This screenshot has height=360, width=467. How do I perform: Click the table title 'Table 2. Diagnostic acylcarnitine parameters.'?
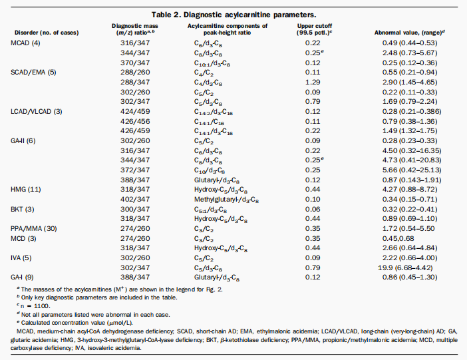(x=234, y=15)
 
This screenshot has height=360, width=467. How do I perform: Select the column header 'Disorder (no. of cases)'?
(x=47, y=33)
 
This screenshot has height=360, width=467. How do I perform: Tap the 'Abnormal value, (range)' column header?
(x=410, y=33)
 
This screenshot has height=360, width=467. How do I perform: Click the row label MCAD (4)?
(x=25, y=43)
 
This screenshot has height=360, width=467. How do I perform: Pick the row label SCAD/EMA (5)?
(x=33, y=72)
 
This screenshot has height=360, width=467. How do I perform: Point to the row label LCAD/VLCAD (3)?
(x=37, y=111)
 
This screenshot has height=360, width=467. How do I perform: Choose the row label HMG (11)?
(x=26, y=189)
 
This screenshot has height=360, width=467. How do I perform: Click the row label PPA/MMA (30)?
(x=34, y=228)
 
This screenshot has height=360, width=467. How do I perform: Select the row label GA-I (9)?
(x=22, y=277)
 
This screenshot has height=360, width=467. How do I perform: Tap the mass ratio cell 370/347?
(x=135, y=63)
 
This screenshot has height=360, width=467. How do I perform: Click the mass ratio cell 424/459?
(x=135, y=111)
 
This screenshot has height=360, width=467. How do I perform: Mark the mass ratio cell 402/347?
(x=135, y=199)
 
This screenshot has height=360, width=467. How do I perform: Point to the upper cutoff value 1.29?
(x=313, y=82)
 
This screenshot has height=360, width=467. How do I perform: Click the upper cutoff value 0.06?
(x=313, y=209)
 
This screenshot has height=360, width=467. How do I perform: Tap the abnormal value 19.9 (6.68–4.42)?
(x=405, y=268)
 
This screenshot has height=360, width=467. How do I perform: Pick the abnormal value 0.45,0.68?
(x=398, y=238)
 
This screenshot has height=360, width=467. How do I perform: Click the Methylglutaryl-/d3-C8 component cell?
(x=226, y=200)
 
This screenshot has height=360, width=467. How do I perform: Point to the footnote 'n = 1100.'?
(x=34, y=306)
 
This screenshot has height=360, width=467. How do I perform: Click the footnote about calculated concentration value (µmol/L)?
(x=75, y=323)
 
